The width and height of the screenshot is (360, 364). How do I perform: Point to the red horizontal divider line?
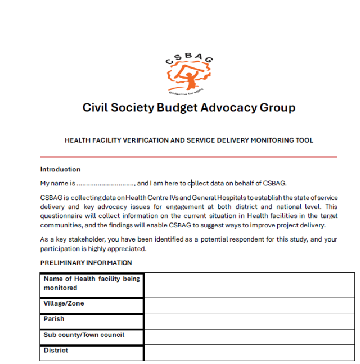[188, 157]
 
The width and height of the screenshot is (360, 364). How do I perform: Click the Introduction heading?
[60, 169]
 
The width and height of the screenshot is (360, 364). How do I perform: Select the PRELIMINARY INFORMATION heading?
[86, 262]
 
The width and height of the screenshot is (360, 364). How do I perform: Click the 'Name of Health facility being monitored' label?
[92, 283]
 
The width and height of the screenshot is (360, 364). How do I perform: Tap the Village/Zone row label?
[64, 303]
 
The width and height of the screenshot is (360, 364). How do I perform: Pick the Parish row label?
[54, 319]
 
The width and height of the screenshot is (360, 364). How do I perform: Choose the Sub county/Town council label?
[84, 335]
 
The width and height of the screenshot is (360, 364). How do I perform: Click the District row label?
[56, 351]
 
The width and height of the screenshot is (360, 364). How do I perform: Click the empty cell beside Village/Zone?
[249, 306]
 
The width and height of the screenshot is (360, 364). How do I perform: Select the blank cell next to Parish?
[249, 321]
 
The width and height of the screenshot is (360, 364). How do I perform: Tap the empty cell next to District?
[249, 353]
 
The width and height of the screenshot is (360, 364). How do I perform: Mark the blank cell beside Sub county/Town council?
[249, 337]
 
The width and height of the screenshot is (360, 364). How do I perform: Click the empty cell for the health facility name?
[249, 285]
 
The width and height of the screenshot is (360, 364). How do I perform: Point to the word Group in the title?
[277, 108]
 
